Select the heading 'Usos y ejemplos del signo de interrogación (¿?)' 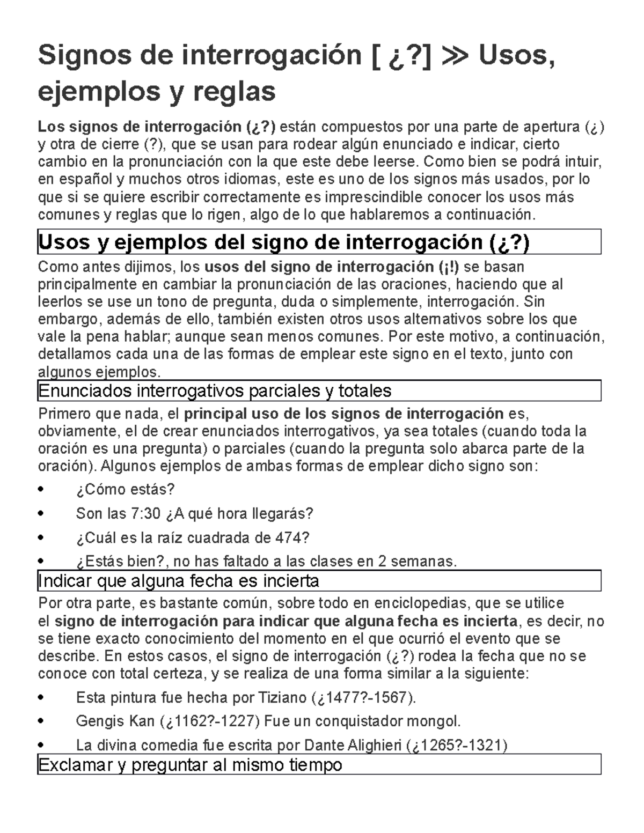click(283, 242)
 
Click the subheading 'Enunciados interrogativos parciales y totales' click(214, 390)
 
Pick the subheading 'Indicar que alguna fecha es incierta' click(178, 580)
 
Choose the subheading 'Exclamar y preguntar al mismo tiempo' click(189, 764)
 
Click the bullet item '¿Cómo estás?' click(126, 489)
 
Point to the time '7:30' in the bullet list click(145, 513)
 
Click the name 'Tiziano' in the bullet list click(282, 698)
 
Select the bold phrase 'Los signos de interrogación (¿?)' click(156, 127)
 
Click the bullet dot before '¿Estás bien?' click(42, 562)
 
